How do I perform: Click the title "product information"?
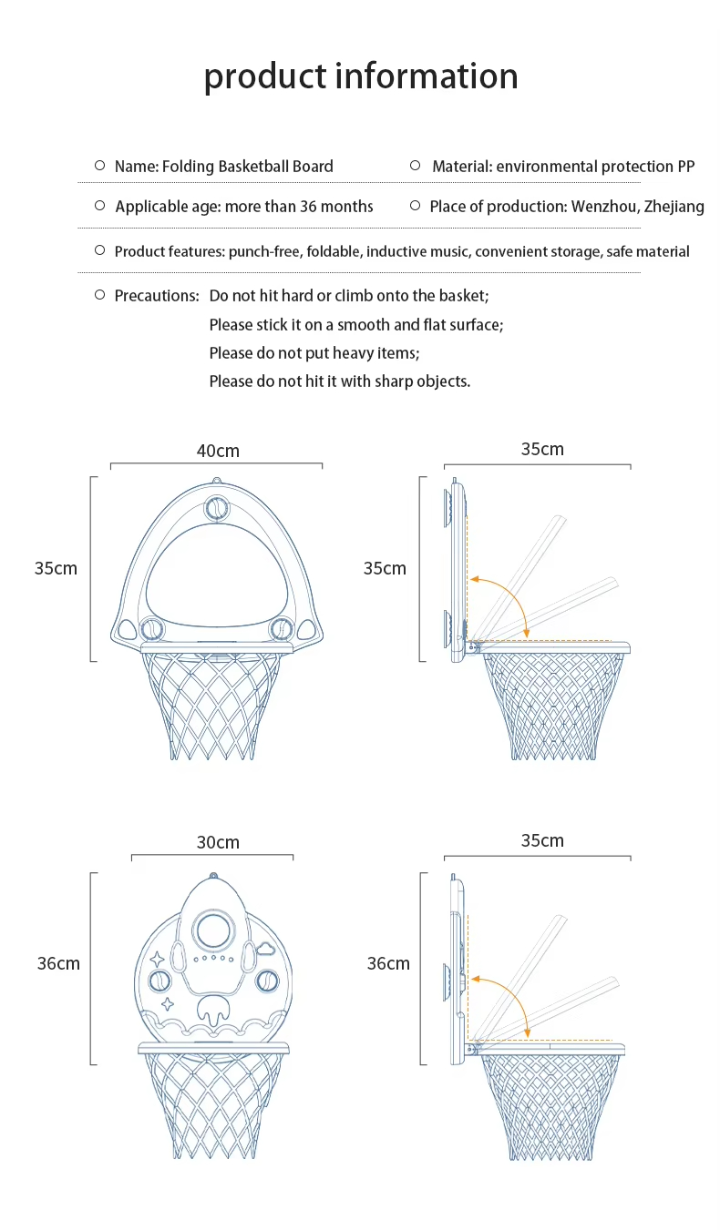[x=360, y=76]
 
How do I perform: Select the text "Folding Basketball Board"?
[x=247, y=167]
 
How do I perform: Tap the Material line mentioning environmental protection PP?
[x=562, y=167]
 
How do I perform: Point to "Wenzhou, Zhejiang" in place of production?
[x=637, y=207]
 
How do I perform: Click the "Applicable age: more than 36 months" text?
[x=243, y=207]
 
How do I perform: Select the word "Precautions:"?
[x=156, y=296]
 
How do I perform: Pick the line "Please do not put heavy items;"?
[x=314, y=353]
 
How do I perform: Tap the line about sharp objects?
[x=339, y=381]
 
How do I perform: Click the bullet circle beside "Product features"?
[x=100, y=250]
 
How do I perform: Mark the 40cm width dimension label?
[x=218, y=451]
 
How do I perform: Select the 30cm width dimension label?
[x=218, y=842]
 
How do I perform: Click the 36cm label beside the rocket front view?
[x=58, y=963]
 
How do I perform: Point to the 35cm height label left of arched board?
[x=56, y=568]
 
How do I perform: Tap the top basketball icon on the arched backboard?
[x=217, y=508]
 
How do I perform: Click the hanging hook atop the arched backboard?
[x=216, y=482]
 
